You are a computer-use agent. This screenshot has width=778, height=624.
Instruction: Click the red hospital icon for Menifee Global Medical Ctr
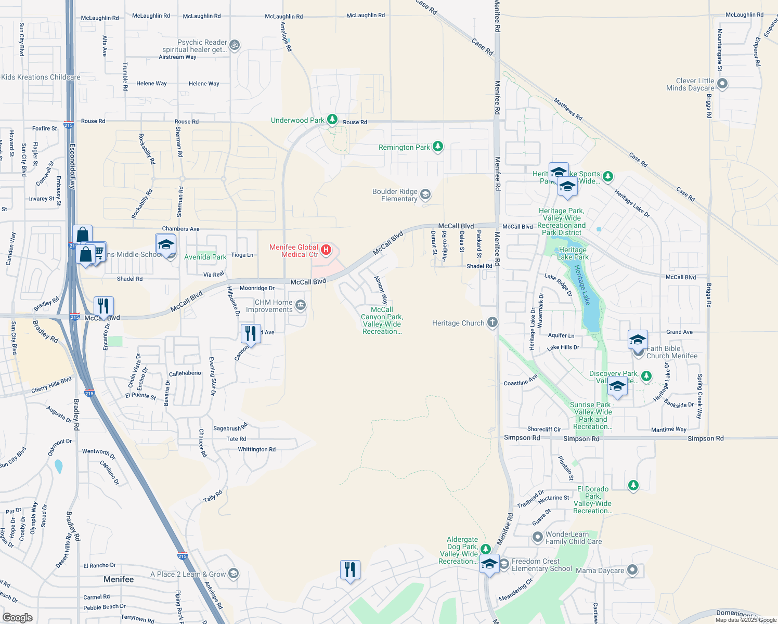326,250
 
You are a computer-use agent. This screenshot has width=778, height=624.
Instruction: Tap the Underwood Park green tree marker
332,120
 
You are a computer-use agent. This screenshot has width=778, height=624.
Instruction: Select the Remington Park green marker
438,147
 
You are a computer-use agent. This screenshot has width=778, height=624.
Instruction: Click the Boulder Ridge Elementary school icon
425,195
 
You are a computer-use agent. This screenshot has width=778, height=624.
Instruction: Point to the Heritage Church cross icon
492,323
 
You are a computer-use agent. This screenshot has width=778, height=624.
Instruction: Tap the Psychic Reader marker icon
235,45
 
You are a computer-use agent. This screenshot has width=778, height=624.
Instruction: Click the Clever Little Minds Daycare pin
722,84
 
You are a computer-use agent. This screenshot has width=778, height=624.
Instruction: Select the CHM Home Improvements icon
301,306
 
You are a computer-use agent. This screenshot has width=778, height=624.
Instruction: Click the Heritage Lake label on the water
582,284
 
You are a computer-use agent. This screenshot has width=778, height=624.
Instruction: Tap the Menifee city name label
119,579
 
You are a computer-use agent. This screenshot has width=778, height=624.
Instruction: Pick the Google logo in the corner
17,618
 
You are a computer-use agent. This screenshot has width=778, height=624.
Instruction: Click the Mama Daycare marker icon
632,570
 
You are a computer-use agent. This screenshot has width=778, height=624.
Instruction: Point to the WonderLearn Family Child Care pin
538,537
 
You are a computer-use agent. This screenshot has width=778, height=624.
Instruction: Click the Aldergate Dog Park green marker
485,549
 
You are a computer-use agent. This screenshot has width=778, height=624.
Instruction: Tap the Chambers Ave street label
180,229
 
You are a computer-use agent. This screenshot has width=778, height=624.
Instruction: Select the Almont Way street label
381,290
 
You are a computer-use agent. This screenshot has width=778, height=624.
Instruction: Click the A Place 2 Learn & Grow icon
234,574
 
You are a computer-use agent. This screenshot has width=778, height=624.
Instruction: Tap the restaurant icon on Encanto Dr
103,306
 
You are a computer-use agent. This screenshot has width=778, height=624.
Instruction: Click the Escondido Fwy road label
73,166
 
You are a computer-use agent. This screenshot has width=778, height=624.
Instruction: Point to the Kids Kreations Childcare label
41,77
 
